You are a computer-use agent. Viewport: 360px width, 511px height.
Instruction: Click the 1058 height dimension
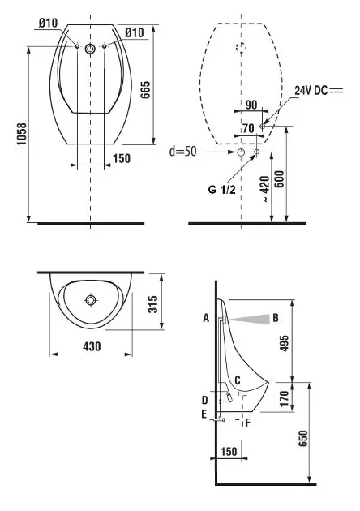[x=22, y=135]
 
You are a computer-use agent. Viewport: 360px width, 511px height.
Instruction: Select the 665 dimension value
[x=145, y=89]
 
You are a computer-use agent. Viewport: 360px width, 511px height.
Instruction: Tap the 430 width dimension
[x=92, y=346]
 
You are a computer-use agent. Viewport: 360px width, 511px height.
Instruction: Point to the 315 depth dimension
[x=153, y=303]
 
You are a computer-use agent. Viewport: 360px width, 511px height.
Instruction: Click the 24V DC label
[x=311, y=90]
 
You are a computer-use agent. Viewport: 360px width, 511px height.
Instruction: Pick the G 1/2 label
[x=221, y=189]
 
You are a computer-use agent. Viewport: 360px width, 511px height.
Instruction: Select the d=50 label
[x=183, y=151]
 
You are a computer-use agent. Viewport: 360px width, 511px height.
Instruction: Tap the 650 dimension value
[x=303, y=438]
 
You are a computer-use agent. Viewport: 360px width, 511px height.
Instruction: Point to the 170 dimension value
[x=284, y=398]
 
